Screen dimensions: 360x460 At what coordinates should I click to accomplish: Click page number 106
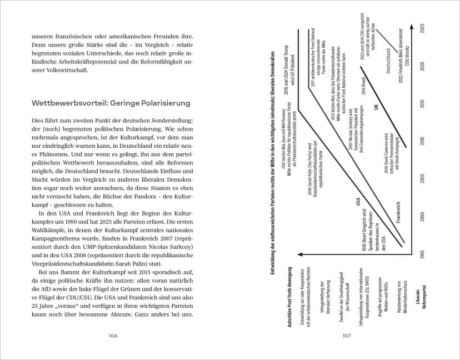pos(114,336)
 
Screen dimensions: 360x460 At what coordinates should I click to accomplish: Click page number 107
pos(345,336)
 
